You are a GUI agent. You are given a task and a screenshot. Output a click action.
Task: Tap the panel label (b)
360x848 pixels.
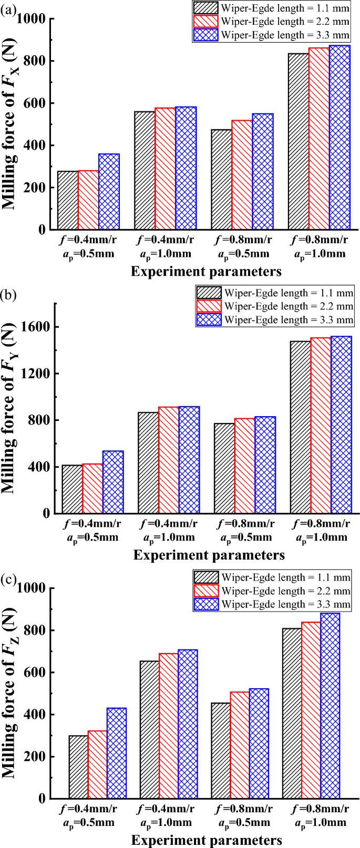pyautogui.click(x=8, y=294)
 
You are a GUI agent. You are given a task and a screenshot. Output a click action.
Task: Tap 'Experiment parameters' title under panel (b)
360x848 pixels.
pyautogui.click(x=209, y=554)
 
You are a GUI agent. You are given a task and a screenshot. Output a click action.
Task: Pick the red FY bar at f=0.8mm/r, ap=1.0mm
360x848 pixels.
pyautogui.click(x=321, y=426)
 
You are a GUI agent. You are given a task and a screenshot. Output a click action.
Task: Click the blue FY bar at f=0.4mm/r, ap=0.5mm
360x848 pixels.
pyautogui.click(x=113, y=482)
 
